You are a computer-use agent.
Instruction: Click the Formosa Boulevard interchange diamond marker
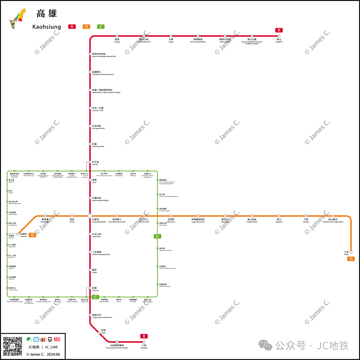tap(90, 216)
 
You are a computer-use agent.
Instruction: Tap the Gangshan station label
tap(279, 41)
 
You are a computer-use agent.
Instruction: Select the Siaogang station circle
tap(144, 342)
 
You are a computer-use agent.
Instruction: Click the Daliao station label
tap(346, 253)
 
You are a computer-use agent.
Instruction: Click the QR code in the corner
tap(13, 346)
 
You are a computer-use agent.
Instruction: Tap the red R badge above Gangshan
tap(279, 30)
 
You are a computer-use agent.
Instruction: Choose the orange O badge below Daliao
tap(351, 259)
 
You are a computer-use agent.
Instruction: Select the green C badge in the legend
tap(101, 27)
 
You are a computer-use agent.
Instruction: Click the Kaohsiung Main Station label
tap(100, 199)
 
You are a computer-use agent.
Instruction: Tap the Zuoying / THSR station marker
tap(90, 108)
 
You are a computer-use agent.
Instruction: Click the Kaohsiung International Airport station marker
tap(117, 342)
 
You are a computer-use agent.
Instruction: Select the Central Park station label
tap(97, 235)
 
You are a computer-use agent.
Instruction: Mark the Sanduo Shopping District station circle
tap(90, 252)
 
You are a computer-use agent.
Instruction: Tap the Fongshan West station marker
tap(252, 216)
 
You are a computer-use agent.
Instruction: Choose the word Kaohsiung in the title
tap(47, 27)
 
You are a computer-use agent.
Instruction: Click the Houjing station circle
tap(117, 36)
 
